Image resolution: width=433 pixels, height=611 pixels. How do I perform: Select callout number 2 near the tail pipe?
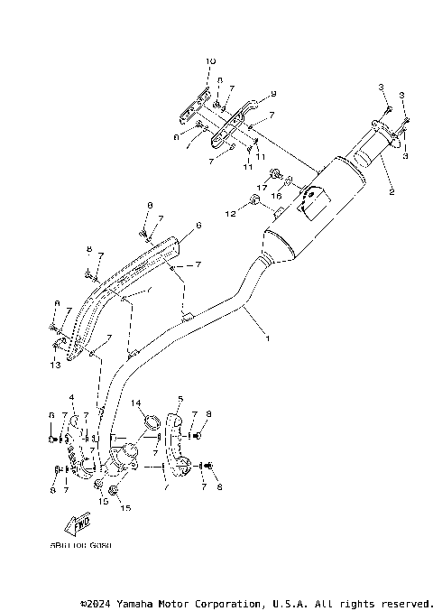392,192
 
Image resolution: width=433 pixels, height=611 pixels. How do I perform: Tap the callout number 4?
71,396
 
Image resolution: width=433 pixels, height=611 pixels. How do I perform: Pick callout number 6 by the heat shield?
198,225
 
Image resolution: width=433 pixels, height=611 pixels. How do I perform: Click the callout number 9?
273,93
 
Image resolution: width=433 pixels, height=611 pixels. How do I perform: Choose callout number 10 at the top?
210,60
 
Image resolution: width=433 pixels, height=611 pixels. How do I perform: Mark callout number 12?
230,213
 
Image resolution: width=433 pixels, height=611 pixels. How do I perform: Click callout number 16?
278,195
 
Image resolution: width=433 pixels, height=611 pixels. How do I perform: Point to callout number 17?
264,187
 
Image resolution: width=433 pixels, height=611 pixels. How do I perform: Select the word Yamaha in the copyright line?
142,603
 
